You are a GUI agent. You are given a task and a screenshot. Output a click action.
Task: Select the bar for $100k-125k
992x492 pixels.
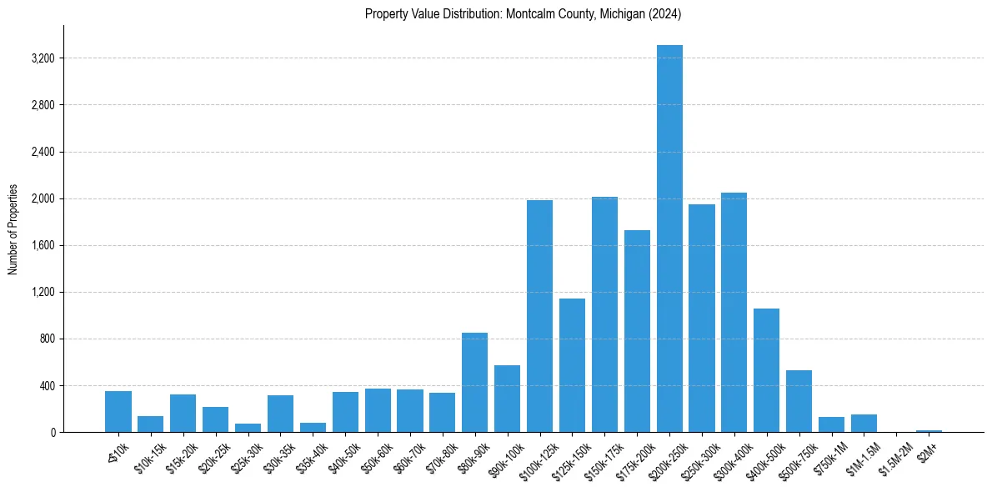pyautogui.click(x=539, y=316)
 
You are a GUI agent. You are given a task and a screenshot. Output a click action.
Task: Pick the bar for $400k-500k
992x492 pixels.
pyautogui.click(x=766, y=370)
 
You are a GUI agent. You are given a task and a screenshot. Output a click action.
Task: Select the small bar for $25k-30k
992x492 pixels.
pyautogui.click(x=248, y=428)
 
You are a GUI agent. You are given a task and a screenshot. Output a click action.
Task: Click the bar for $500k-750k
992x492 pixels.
pyautogui.click(x=799, y=401)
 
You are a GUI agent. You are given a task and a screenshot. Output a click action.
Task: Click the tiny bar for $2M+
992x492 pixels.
pyautogui.click(x=929, y=430)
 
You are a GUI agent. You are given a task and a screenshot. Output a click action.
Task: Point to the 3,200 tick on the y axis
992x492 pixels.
pyautogui.click(x=43, y=58)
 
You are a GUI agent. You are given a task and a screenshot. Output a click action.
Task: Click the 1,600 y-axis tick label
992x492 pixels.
pyautogui.click(x=43, y=245)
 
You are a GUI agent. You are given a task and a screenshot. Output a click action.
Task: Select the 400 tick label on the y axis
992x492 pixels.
pyautogui.click(x=46, y=386)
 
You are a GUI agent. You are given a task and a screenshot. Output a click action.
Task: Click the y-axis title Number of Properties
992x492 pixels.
pyautogui.click(x=13, y=229)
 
